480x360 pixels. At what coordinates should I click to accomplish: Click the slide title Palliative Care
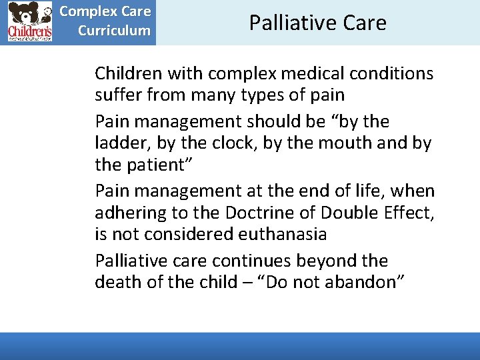coord(317,23)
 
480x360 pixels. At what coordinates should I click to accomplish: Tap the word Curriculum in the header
coord(114,31)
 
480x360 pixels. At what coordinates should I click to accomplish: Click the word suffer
coord(119,95)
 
